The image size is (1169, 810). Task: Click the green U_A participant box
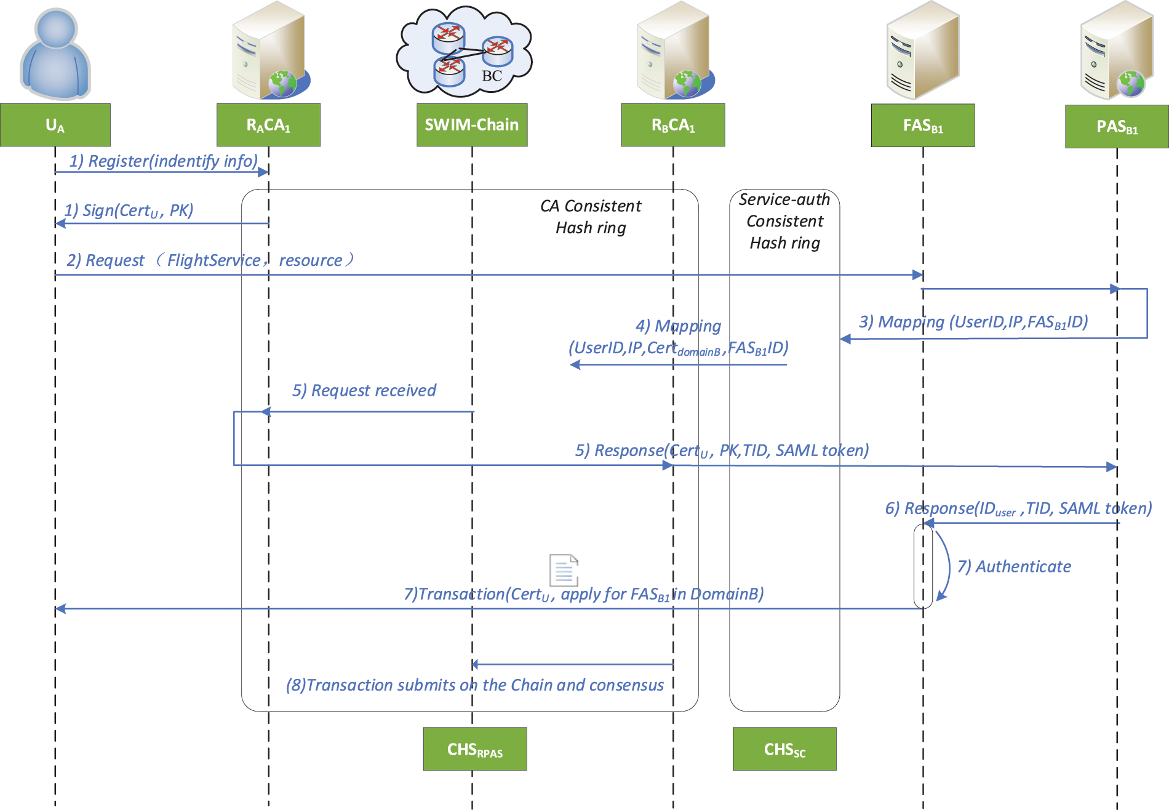click(x=55, y=125)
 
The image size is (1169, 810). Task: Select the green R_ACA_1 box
click(x=268, y=125)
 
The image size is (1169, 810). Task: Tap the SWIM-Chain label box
click(x=472, y=125)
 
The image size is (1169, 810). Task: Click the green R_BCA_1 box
click(x=673, y=125)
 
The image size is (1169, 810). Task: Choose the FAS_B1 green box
click(x=923, y=126)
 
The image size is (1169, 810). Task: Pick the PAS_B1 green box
click(x=1117, y=127)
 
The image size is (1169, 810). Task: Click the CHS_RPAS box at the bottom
click(x=474, y=749)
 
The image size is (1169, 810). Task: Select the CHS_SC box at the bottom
click(x=784, y=749)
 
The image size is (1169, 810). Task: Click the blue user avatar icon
click(x=55, y=54)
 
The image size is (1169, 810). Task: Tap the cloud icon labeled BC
click(x=465, y=52)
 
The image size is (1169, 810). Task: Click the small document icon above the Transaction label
click(x=564, y=570)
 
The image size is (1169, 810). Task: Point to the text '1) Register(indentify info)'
click(x=163, y=161)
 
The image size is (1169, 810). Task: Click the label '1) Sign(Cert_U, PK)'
click(x=129, y=211)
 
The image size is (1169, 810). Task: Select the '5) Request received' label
click(x=364, y=390)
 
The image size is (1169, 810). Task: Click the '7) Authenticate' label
click(x=1014, y=566)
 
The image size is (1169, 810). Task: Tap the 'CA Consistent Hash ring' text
click(x=591, y=217)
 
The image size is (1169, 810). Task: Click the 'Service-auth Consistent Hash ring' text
click(x=784, y=221)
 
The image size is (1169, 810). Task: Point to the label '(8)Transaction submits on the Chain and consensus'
click(x=474, y=685)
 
